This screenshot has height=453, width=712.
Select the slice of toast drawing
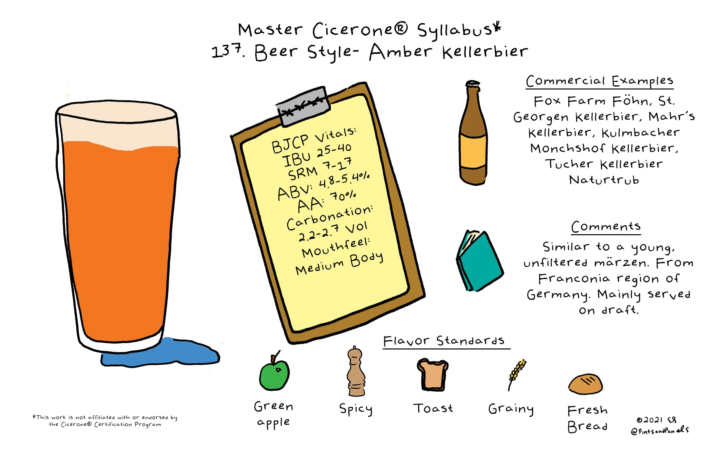(x=433, y=375)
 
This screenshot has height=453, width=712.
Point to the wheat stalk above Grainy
(x=517, y=375)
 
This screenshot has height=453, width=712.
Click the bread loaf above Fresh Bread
(x=586, y=384)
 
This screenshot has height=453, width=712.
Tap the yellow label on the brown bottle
(x=473, y=152)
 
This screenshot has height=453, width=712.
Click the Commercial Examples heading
(x=599, y=81)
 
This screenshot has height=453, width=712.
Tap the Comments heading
(x=606, y=227)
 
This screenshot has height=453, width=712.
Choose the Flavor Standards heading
(x=444, y=341)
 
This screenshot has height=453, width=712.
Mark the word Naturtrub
(x=604, y=180)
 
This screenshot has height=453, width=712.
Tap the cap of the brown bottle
(x=472, y=84)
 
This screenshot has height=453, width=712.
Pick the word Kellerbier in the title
(x=485, y=52)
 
